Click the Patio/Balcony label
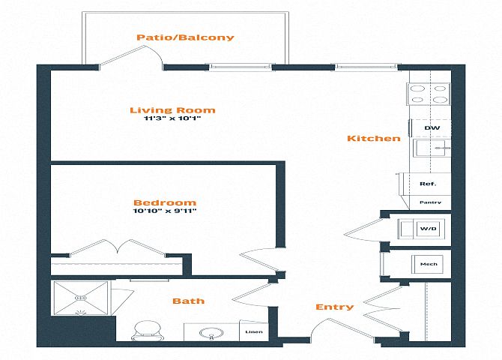[185, 37]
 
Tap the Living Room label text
[172, 110]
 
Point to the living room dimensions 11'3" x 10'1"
[172, 118]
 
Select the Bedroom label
[165, 202]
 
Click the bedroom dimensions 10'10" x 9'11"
[165, 211]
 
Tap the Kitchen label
[374, 139]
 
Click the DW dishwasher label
[432, 128]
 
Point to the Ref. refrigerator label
[428, 184]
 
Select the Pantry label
[430, 202]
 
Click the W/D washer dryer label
[429, 229]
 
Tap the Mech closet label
[429, 264]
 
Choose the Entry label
[335, 307]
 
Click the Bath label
[188, 301]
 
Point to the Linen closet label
[254, 331]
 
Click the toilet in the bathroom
[148, 331]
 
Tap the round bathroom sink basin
[211, 333]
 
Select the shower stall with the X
[81, 298]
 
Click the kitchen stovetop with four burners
[429, 94]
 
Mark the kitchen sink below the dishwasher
[432, 148]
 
